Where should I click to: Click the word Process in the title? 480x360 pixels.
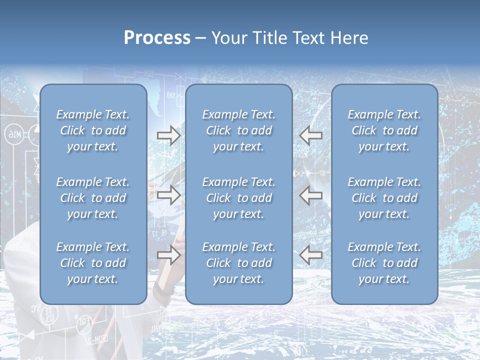[157, 38]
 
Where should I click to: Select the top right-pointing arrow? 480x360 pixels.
[168, 135]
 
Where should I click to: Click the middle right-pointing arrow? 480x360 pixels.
[168, 195]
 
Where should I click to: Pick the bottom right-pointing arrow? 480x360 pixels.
[168, 255]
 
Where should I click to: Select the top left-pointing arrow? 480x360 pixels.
[310, 135]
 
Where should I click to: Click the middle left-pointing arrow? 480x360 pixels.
[310, 195]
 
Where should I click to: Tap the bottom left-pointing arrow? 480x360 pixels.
[310, 255]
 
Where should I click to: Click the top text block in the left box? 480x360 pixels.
[93, 130]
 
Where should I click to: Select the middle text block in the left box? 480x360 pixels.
[93, 198]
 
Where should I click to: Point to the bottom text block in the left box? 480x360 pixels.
[93, 263]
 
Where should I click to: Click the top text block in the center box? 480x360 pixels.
[238, 130]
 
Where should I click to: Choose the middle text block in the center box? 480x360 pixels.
[238, 198]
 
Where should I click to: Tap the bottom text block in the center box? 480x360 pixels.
[238, 263]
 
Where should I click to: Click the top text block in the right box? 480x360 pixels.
[384, 130]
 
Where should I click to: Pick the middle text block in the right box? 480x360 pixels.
[384, 198]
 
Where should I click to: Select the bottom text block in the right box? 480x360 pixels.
[384, 263]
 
